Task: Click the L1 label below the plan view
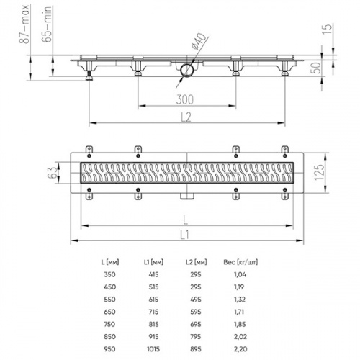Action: pos(186,235)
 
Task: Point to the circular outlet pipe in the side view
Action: pos(186,69)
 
